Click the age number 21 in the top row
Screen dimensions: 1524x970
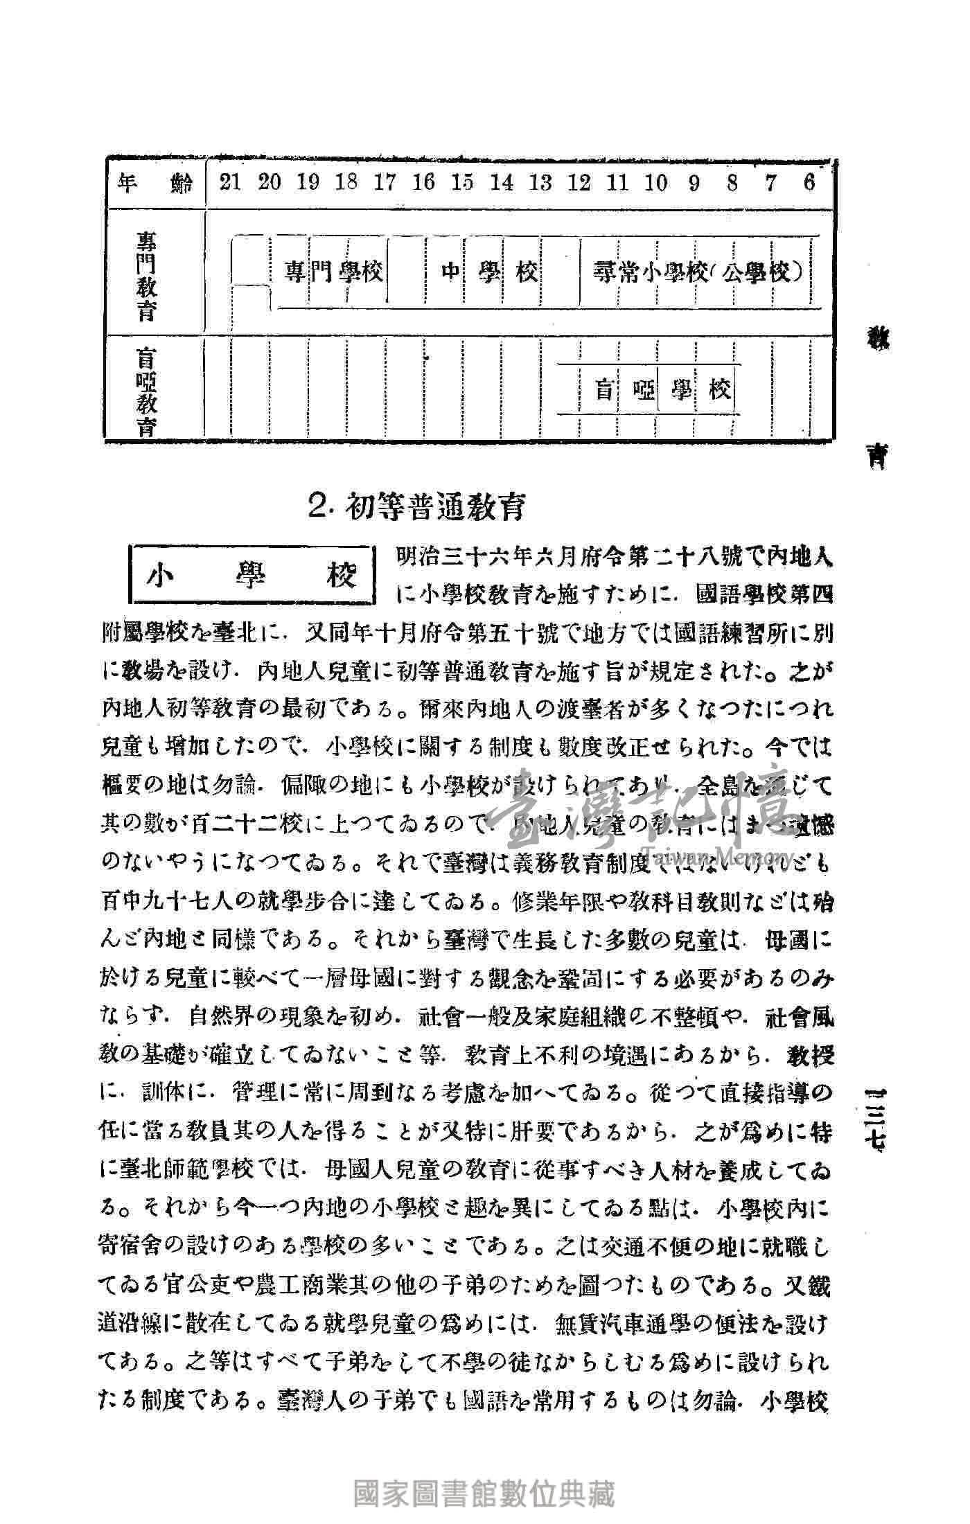[x=231, y=183]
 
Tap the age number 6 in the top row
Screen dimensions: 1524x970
[x=809, y=183]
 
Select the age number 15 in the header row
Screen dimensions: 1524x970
[x=462, y=183]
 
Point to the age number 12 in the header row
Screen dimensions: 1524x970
[x=579, y=183]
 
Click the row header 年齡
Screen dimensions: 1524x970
[x=155, y=184]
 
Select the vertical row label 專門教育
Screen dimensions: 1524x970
[x=146, y=276]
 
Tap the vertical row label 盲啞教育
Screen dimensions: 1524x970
[x=146, y=391]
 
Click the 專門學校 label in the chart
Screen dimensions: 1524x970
[x=334, y=272]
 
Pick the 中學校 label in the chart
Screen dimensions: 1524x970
[x=490, y=272]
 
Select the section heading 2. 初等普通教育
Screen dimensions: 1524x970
[x=416, y=507]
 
